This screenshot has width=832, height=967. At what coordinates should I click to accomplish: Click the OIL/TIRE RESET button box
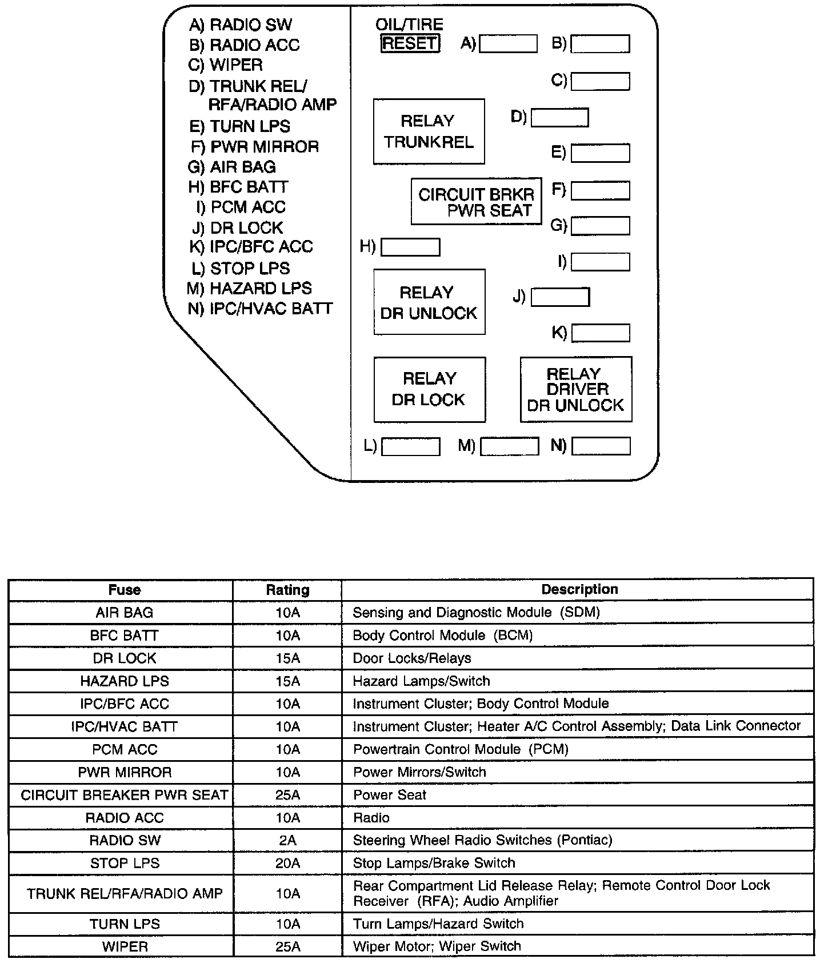click(410, 43)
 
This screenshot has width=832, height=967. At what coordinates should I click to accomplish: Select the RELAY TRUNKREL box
click(429, 131)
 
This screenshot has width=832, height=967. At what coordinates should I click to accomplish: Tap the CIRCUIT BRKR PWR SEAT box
click(476, 201)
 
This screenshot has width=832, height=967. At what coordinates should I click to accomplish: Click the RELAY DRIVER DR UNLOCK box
click(575, 389)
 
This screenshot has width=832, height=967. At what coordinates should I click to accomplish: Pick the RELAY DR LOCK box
click(429, 389)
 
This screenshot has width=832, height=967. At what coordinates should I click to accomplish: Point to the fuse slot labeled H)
click(410, 247)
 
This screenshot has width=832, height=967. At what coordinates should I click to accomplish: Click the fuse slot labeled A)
click(508, 43)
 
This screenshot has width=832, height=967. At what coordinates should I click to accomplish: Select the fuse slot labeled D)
click(559, 118)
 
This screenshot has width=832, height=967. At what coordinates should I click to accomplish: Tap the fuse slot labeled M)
click(509, 446)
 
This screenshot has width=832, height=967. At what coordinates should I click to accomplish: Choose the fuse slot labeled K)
click(600, 333)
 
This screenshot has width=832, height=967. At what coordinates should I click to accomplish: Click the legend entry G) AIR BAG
click(232, 167)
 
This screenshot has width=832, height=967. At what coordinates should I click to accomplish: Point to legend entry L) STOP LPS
click(241, 268)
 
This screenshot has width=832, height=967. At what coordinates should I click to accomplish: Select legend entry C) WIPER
click(226, 65)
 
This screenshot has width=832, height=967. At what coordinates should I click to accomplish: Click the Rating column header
click(287, 590)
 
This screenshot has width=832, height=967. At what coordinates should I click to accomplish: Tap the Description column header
click(579, 589)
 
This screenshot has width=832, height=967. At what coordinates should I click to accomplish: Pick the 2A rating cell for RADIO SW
click(287, 840)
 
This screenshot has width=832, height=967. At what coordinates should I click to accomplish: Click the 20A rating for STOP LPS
click(287, 863)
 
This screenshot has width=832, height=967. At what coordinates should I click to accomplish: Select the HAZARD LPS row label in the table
click(125, 681)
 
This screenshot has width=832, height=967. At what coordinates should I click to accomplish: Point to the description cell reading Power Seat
click(390, 795)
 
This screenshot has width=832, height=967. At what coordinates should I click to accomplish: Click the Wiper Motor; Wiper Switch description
click(437, 946)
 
